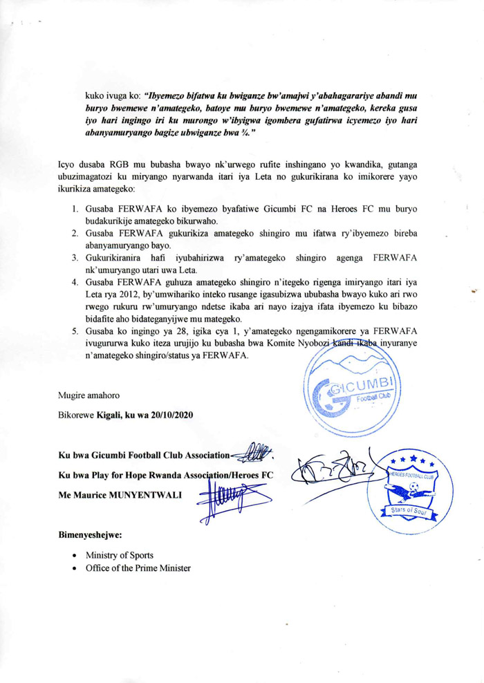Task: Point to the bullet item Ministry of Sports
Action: pyautogui.click(x=115, y=555)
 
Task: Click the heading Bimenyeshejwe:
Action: pyautogui.click(x=89, y=534)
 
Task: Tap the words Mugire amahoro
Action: pyautogui.click(x=89, y=395)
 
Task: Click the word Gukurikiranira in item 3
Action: pyautogui.click(x=118, y=257)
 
